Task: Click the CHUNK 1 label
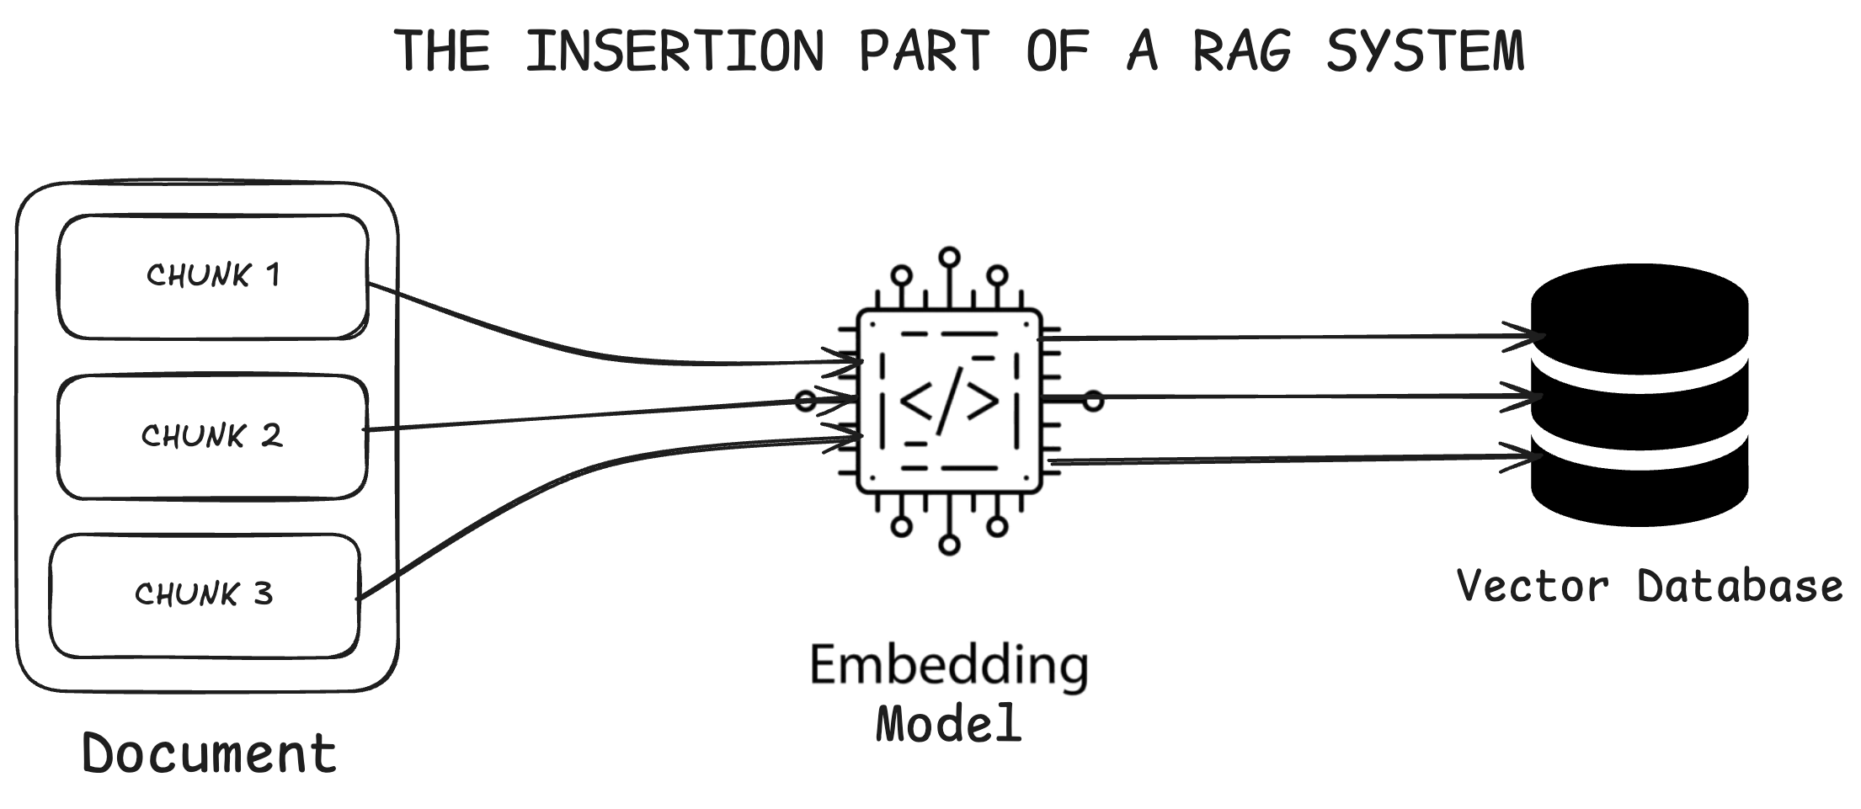click(213, 275)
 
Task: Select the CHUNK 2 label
click(211, 436)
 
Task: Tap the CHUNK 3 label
click(204, 594)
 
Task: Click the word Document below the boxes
click(209, 753)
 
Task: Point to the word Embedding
click(949, 667)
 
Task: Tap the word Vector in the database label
click(1533, 586)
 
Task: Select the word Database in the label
click(1740, 586)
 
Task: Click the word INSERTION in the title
click(675, 51)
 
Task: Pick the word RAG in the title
click(1242, 51)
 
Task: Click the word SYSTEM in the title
click(1426, 51)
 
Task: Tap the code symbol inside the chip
click(949, 401)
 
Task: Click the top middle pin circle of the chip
click(950, 257)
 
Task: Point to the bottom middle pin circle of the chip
click(949, 546)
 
